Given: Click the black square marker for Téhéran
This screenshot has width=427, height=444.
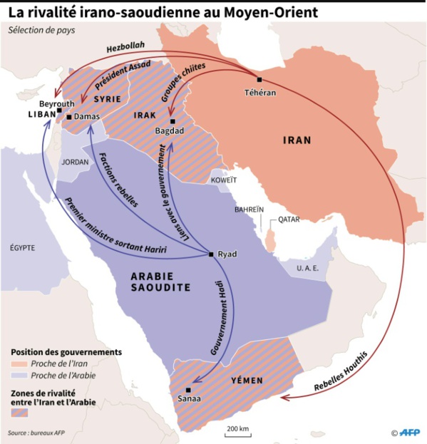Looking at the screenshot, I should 259,79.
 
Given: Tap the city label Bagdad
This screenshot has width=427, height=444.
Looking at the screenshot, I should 170,131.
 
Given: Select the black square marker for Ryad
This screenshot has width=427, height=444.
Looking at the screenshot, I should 210,254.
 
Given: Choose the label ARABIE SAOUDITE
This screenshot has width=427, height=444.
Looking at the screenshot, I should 160,281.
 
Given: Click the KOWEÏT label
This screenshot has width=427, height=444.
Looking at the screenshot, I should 222,181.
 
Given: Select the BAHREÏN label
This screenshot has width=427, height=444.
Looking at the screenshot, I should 249,210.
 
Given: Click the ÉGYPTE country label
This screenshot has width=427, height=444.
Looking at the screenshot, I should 23,248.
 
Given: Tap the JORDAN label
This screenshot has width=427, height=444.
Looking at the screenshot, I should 76,162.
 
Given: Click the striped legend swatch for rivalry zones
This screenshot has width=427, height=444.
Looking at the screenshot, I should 20,413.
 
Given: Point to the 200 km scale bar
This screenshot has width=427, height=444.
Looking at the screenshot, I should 237,434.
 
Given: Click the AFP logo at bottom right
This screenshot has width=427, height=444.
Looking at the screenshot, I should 409,432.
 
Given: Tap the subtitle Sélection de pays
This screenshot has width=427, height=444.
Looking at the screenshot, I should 41,30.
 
